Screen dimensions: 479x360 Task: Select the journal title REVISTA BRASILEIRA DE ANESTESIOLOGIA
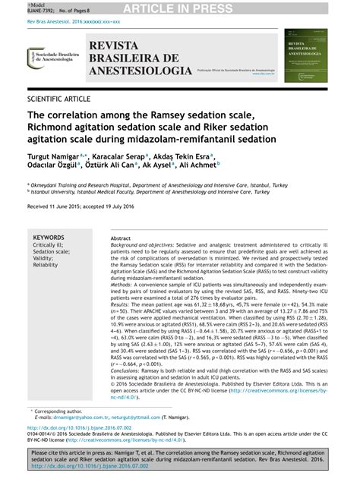141,59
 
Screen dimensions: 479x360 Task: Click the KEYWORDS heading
49,238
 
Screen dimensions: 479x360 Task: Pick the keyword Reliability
46,265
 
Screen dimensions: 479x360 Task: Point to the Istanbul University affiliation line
159,193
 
